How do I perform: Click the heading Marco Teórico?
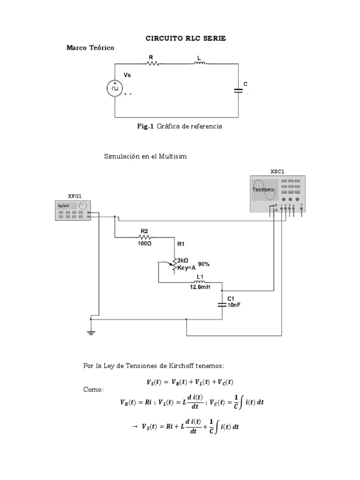90,48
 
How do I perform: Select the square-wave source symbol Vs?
115,88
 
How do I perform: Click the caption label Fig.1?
145,127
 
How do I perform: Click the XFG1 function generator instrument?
73,210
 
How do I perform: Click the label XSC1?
277,172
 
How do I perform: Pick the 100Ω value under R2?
144,244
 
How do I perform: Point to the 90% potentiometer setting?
203,264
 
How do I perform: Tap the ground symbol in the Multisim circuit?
91,332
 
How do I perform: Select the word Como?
92,390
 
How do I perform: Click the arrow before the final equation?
134,427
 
